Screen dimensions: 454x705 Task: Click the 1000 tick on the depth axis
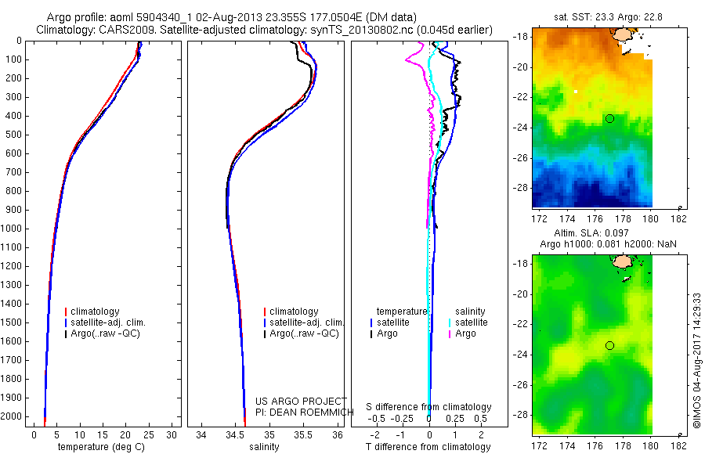point(12,229)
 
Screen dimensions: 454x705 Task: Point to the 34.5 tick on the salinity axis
point(235,434)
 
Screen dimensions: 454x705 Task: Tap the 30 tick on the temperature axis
point(172,434)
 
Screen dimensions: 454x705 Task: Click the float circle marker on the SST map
point(609,118)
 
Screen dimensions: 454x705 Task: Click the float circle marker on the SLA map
point(609,345)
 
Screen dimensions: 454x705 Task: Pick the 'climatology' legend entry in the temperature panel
point(97,312)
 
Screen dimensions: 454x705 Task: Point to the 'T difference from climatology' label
point(428,447)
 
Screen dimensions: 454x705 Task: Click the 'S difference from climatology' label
point(428,407)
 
